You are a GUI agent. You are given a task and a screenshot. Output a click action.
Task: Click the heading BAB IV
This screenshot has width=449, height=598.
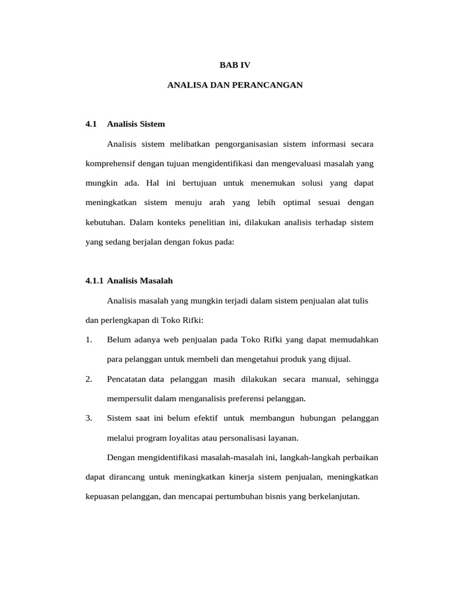(234, 65)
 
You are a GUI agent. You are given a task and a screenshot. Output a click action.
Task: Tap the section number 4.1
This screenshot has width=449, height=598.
(91, 124)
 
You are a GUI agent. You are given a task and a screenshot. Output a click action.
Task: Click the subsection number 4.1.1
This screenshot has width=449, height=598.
(94, 281)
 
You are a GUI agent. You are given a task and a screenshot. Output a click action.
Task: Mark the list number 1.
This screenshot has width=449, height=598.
(88, 340)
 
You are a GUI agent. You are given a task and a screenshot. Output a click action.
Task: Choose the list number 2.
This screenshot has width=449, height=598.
(88, 380)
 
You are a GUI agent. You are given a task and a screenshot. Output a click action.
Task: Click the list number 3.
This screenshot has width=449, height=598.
(88, 419)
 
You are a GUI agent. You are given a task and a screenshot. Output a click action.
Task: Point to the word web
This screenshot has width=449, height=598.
(156, 340)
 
